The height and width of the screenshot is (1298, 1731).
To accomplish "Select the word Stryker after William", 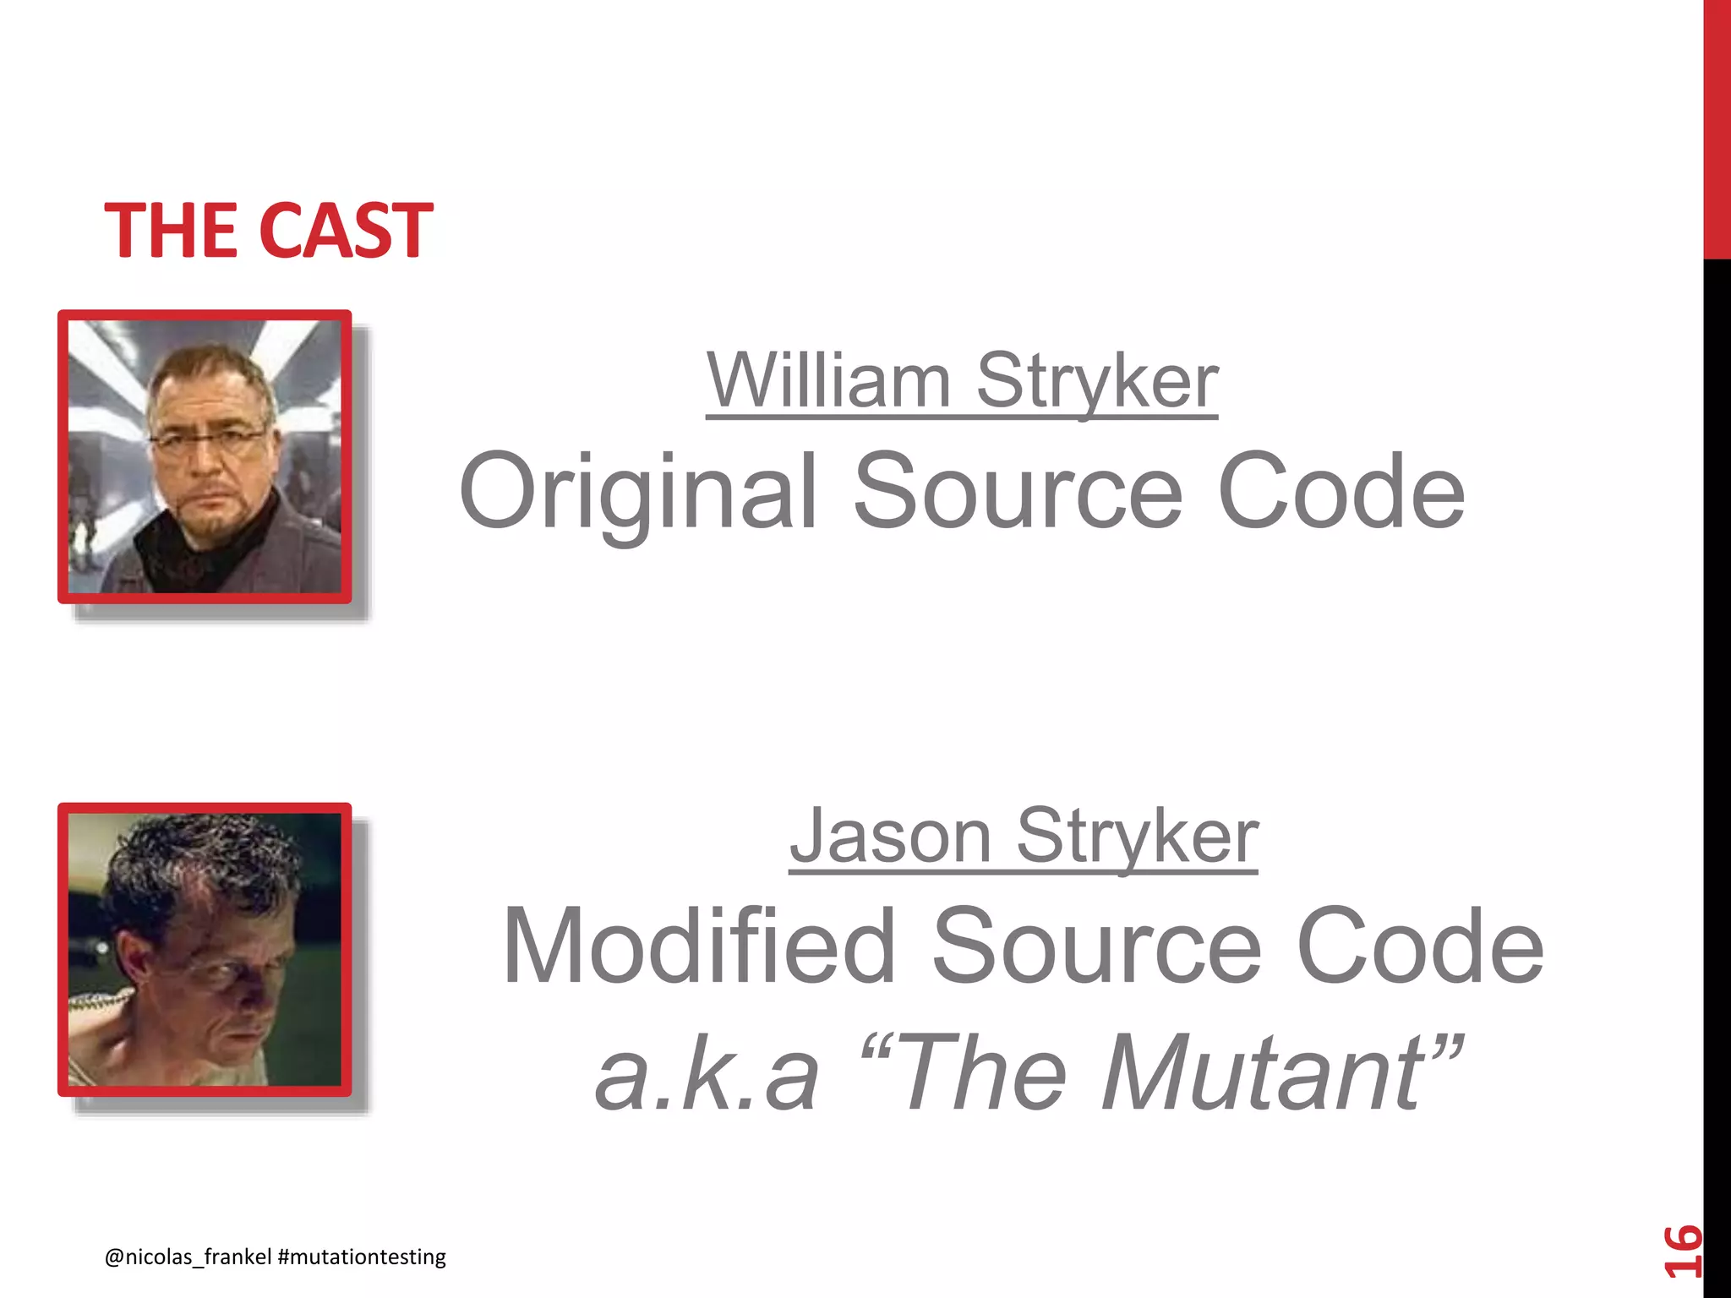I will pos(1097,382).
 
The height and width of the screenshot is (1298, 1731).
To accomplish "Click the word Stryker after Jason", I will pos(1138,837).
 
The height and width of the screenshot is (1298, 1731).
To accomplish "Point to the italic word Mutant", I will pos(1264,1073).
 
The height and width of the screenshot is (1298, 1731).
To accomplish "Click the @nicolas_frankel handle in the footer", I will pos(188,1257).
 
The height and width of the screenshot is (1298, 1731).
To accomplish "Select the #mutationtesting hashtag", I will pos(362,1257).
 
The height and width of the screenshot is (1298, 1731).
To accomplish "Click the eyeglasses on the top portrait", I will pos(208,440).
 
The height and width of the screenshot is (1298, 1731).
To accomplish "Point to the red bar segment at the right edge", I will pos(1717,127).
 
